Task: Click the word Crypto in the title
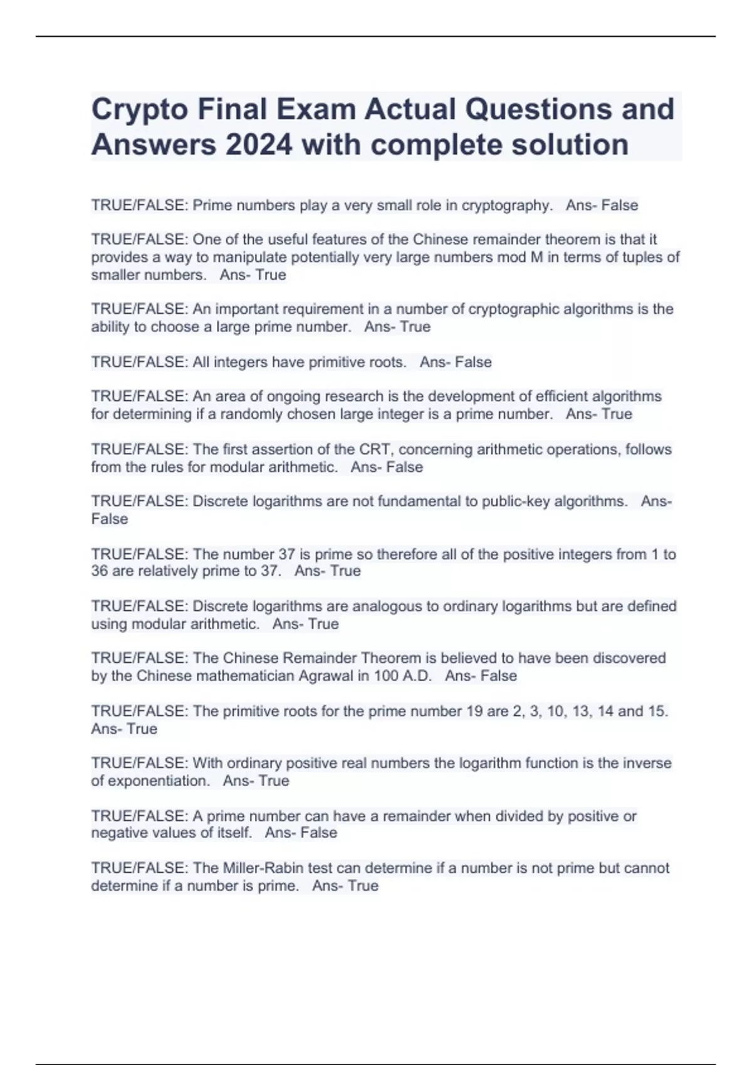(139, 110)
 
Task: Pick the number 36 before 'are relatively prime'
(100, 571)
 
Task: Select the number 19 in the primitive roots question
(473, 712)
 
